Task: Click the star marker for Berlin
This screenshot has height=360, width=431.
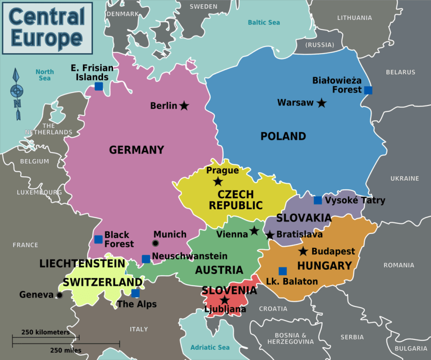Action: point(184,105)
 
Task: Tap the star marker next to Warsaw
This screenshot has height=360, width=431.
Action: point(321,103)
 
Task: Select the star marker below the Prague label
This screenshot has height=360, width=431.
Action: point(218,181)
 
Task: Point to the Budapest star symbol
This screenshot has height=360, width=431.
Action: point(303,251)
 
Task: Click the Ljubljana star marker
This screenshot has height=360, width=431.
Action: point(224,300)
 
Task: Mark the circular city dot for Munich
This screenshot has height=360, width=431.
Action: point(156,244)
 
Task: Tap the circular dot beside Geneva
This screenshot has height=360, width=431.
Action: point(59,295)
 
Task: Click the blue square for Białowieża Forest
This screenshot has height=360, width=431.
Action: point(368,90)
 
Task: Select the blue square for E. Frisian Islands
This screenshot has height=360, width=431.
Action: point(99,86)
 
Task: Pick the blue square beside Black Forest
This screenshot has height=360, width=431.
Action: point(98,239)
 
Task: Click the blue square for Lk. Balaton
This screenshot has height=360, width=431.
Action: point(283,271)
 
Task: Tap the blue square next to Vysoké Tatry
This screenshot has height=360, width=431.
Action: point(318,200)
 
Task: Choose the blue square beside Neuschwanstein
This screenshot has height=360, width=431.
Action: point(146,259)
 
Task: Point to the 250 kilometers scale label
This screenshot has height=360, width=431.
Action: point(46,332)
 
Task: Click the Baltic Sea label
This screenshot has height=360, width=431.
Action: point(264,23)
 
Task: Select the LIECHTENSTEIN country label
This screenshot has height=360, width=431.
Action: point(82,264)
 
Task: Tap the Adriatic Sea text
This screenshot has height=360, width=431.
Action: point(210,348)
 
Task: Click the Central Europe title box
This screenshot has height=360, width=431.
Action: point(47,28)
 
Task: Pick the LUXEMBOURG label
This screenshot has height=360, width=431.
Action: point(39,192)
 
